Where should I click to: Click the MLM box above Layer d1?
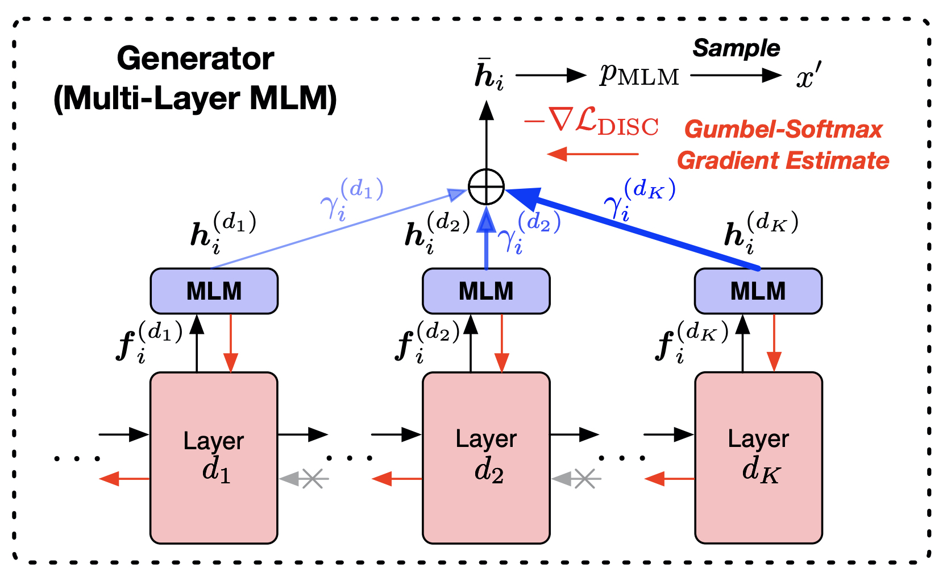click(x=214, y=291)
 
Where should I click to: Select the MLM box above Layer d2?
click(x=486, y=291)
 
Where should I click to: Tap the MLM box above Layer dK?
click(x=758, y=291)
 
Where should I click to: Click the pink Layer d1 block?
click(x=214, y=458)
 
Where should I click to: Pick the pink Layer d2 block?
click(x=486, y=458)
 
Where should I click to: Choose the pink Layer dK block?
click(x=758, y=458)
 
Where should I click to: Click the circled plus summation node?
click(x=486, y=187)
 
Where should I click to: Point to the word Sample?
click(x=736, y=48)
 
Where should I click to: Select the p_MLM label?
click(x=639, y=74)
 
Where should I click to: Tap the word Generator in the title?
click(x=195, y=59)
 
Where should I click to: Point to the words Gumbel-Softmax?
click(x=783, y=130)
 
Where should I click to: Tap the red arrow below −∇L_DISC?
click(x=592, y=154)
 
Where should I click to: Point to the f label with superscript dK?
click(x=691, y=341)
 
